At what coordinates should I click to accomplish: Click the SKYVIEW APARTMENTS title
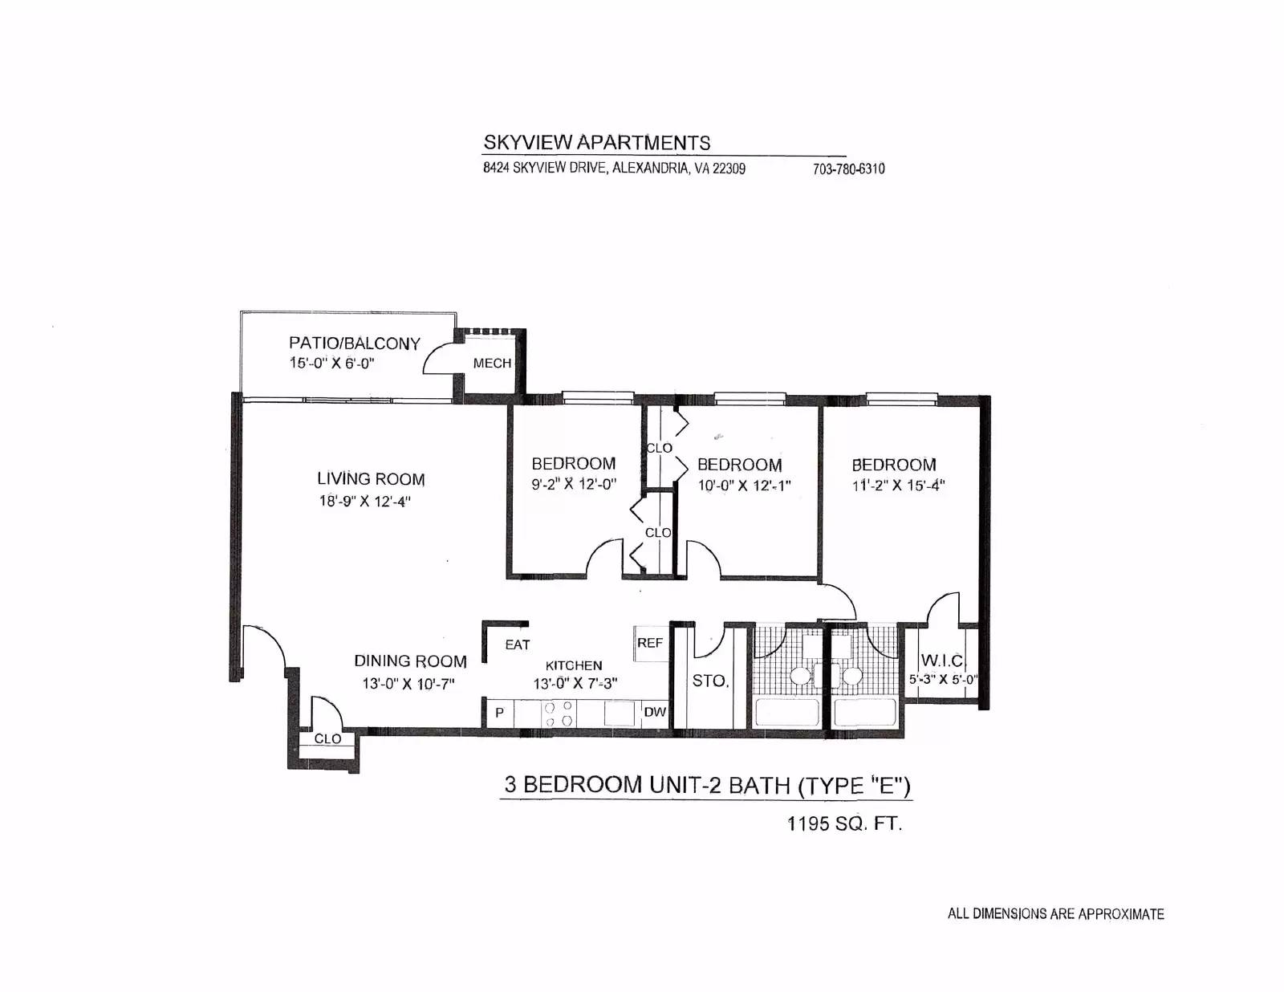tap(597, 142)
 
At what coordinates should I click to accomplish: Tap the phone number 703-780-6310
tap(848, 169)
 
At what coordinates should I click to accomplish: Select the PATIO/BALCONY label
tap(354, 344)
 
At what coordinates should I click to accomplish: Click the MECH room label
tap(492, 363)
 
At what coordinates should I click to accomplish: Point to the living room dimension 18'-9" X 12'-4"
tap(364, 501)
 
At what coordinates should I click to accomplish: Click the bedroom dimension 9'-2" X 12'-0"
tap(573, 485)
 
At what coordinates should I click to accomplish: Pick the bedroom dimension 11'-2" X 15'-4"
tap(898, 486)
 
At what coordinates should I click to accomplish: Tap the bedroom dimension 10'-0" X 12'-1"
tap(743, 486)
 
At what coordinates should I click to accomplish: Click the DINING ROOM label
tap(410, 661)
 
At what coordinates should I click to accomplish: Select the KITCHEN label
tap(573, 666)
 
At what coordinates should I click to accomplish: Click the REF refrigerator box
tap(650, 643)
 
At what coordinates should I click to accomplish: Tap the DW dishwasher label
tap(655, 713)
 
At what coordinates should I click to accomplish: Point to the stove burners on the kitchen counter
tap(558, 714)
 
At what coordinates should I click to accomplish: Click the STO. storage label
tap(711, 681)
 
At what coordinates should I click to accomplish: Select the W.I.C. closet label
tap(942, 661)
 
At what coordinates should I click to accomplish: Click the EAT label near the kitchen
tap(517, 644)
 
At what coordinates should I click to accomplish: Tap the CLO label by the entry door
tap(327, 738)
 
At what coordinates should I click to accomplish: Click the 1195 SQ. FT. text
tap(844, 823)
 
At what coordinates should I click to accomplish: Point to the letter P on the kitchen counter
tap(499, 713)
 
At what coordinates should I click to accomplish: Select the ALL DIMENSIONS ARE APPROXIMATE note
tap(1056, 914)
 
